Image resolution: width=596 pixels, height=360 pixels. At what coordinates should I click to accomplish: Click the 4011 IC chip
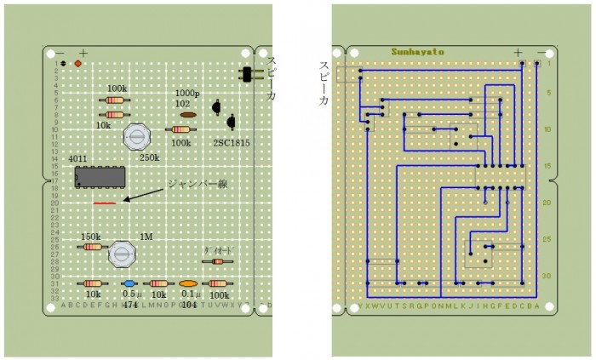100,177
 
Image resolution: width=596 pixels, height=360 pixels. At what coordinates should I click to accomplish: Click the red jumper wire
105,203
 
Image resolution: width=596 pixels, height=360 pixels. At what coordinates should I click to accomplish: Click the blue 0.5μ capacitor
129,283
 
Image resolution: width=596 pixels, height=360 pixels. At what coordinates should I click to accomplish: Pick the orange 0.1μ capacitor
188,283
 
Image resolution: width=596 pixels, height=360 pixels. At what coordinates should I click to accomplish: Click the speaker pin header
248,75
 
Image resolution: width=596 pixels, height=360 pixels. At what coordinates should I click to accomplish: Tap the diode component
217,261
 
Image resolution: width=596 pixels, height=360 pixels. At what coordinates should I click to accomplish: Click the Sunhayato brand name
417,52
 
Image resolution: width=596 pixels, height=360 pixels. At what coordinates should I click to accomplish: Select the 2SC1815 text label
232,143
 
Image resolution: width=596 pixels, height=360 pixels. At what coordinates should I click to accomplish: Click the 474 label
129,304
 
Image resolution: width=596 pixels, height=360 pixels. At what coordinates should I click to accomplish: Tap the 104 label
188,304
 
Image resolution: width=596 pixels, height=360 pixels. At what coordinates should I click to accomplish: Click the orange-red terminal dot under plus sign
78,64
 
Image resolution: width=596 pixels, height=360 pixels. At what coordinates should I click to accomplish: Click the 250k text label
150,157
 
